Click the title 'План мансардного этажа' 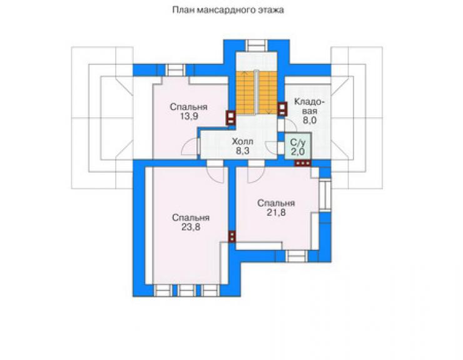[x=228, y=10]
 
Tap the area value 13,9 [x=189, y=116]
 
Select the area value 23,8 [x=191, y=227]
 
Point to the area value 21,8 [x=276, y=212]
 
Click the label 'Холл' [x=242, y=141]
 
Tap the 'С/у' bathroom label [x=298, y=143]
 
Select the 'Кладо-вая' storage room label [x=310, y=111]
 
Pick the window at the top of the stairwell [x=257, y=46]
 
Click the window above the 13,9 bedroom [x=175, y=70]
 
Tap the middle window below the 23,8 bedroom [x=186, y=291]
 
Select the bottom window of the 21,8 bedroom [x=297, y=256]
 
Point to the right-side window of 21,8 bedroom [x=325, y=195]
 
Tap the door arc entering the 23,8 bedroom [x=215, y=175]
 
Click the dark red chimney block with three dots [x=303, y=163]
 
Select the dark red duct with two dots [x=232, y=237]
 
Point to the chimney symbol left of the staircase [x=231, y=117]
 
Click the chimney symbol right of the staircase [x=282, y=108]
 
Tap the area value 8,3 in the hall [x=242, y=151]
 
